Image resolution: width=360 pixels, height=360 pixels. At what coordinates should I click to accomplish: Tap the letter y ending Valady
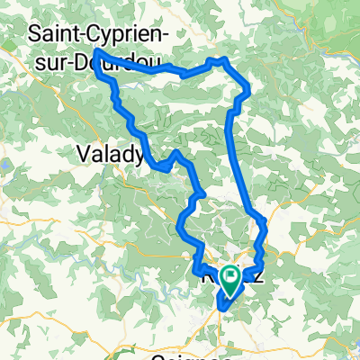click(x=139, y=157)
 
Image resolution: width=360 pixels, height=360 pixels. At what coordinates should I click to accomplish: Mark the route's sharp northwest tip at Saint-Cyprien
click(x=94, y=52)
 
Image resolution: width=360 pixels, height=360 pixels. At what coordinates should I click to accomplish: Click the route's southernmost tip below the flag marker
click(x=218, y=310)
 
